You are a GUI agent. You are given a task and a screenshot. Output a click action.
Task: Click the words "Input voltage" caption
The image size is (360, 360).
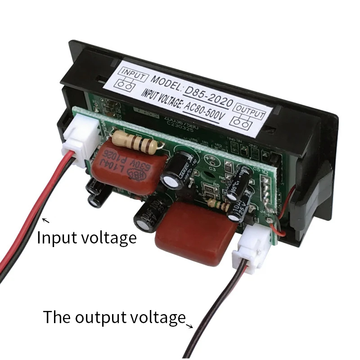[86, 237]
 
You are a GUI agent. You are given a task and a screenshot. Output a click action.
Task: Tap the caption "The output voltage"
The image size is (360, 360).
[114, 317]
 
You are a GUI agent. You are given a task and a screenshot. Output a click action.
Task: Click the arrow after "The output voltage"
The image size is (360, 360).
[191, 325]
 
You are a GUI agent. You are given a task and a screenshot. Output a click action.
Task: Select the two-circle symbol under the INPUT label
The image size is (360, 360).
[128, 85]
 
